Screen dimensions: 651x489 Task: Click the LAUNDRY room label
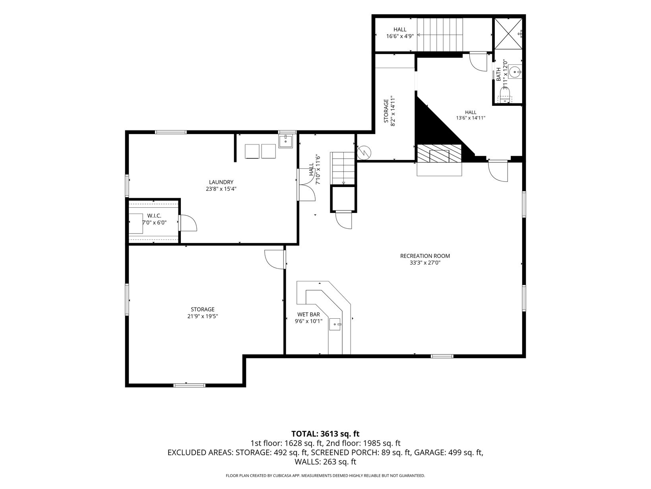click(221, 182)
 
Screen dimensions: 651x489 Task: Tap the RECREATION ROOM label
click(425, 255)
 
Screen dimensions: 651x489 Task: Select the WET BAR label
click(308, 314)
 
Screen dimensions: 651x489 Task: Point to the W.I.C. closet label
click(154, 216)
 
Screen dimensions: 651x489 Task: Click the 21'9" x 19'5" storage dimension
click(203, 316)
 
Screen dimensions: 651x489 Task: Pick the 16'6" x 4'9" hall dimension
click(400, 36)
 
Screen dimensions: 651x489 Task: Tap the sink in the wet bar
click(335, 324)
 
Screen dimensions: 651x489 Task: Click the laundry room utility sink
click(285, 141)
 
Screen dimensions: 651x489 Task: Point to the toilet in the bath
click(505, 95)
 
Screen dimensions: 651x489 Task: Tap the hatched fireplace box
click(439, 153)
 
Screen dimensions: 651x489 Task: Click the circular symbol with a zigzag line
click(364, 153)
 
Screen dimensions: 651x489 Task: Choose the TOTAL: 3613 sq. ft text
click(325, 434)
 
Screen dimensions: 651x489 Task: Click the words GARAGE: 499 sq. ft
click(448, 452)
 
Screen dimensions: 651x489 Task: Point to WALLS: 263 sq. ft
click(325, 462)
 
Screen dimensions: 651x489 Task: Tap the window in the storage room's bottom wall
click(189, 386)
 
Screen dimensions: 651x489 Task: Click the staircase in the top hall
click(440, 35)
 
